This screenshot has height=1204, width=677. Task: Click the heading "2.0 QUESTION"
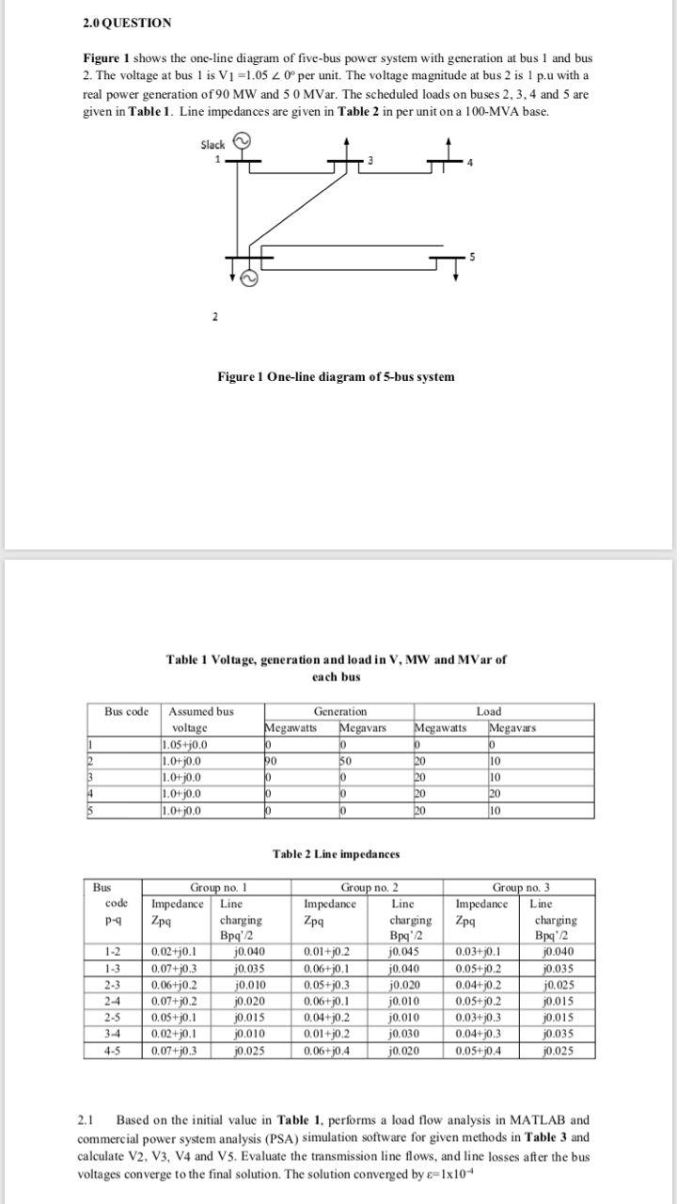126,23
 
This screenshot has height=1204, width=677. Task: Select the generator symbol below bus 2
249,277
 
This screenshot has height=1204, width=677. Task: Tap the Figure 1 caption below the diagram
336,376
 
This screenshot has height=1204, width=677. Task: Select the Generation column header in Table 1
340,711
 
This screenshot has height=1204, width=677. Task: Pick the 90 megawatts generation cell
273,758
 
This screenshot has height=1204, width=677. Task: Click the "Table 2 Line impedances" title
336,854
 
